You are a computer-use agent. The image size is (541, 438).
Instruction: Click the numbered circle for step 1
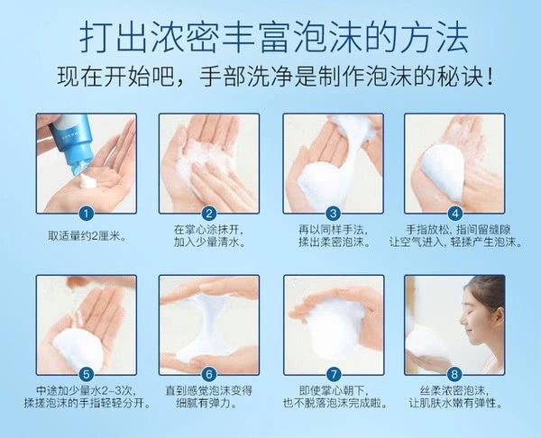(87, 214)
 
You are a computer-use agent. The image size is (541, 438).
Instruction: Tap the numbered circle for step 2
(209, 214)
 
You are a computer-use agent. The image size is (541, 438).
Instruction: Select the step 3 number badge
(334, 214)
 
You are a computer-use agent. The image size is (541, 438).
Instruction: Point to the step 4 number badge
(455, 214)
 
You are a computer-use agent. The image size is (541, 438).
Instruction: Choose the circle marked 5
(87, 375)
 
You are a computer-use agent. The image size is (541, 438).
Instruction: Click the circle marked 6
(209, 375)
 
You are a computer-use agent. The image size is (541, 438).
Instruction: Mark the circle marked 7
(334, 375)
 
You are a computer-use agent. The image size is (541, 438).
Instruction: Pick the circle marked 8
(454, 375)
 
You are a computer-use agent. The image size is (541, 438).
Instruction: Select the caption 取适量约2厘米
(87, 237)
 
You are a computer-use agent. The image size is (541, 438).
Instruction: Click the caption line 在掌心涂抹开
(209, 230)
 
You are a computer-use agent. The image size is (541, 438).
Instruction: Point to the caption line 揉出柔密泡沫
(334, 242)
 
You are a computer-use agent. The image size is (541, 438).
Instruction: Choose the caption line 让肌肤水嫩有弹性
(454, 403)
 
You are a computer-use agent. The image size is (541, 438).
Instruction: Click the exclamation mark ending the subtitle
(489, 77)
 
